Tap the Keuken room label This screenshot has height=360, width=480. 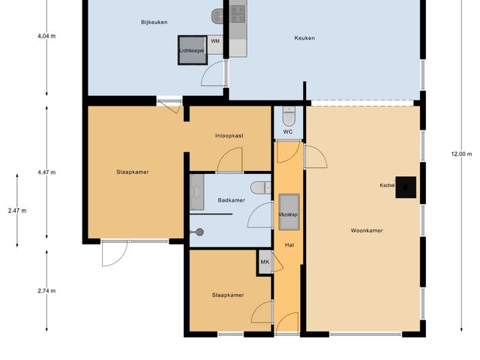tap(304, 38)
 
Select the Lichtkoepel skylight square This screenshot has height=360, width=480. tap(191, 50)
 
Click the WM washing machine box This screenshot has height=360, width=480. tap(215, 41)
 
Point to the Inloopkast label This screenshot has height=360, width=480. tap(228, 135)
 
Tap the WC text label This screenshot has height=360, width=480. tap(287, 132)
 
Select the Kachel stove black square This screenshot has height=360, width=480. tap(407, 185)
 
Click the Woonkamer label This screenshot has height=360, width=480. tap(367, 230)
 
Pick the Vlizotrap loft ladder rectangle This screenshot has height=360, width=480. tap(289, 207)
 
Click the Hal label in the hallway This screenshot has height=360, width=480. tap(289, 245)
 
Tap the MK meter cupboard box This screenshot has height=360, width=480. tap(265, 262)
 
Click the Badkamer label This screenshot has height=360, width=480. tap(231, 200)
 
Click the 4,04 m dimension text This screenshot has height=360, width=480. tap(46, 36)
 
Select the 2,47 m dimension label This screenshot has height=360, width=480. tap(16, 211)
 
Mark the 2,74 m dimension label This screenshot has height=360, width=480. tap(46, 291)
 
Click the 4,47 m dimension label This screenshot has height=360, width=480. tap(46, 172)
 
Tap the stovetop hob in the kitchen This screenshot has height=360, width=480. tap(238, 13)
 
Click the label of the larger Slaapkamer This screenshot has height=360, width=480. tap(132, 172)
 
